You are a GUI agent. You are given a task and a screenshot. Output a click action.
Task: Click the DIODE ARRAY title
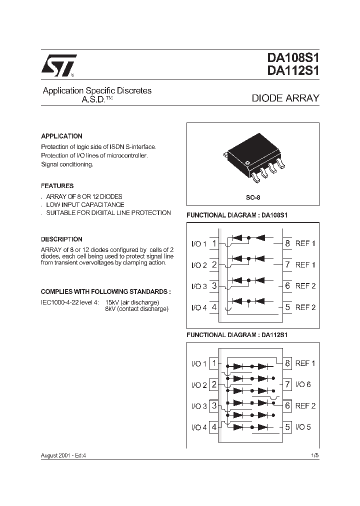(x=285, y=98)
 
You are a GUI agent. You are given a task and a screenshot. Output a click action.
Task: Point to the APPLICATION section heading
(x=61, y=136)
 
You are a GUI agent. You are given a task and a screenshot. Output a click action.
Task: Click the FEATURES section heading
(x=57, y=185)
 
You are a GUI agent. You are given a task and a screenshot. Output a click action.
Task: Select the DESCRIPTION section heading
(x=61, y=239)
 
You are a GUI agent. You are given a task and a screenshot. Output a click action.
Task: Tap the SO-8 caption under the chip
(x=253, y=197)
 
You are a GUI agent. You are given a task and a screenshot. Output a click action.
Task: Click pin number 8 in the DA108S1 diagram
(x=287, y=243)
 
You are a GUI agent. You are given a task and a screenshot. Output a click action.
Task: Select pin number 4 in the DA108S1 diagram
(x=214, y=307)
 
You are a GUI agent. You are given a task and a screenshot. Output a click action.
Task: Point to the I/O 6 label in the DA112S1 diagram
(x=303, y=384)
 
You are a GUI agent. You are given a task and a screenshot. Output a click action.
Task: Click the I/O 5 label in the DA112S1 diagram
(x=303, y=427)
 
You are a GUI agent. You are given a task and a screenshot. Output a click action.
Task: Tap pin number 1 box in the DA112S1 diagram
(x=214, y=363)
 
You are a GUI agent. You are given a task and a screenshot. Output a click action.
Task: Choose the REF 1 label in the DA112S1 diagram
(x=305, y=363)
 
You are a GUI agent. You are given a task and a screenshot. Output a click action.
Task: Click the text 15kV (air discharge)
(x=132, y=302)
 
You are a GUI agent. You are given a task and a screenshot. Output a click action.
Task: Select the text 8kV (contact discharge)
(x=136, y=309)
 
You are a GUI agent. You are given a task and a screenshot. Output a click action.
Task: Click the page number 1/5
(x=314, y=456)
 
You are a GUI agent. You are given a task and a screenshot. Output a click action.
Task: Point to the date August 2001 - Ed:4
(x=66, y=456)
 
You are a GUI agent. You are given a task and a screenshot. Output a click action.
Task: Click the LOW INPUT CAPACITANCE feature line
(x=85, y=204)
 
